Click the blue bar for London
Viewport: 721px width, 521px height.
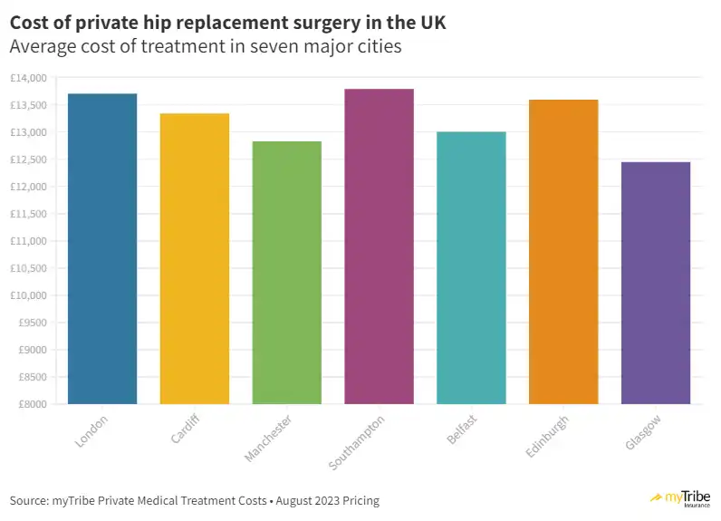[102, 248]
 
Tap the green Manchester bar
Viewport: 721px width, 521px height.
[287, 272]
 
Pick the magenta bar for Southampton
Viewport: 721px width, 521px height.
[380, 246]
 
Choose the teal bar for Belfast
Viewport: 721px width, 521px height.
[471, 267]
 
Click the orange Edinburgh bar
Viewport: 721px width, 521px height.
[563, 251]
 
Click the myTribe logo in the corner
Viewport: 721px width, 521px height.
[680, 499]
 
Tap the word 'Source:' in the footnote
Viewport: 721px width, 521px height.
[28, 501]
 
